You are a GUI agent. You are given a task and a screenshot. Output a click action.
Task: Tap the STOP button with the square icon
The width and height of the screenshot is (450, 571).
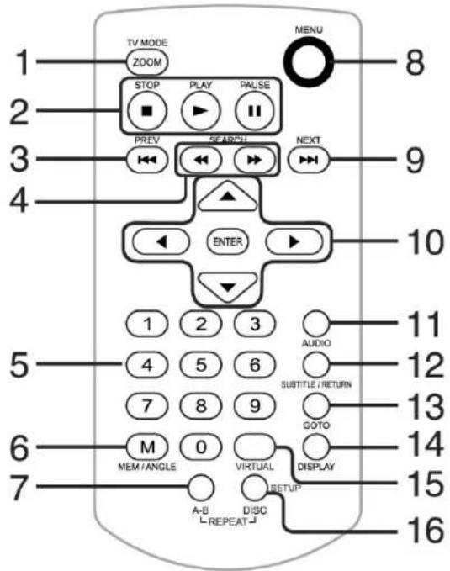[x=147, y=110]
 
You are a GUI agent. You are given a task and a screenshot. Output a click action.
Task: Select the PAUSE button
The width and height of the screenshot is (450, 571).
[x=255, y=110]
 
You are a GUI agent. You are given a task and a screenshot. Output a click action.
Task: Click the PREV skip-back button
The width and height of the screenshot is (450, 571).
[x=147, y=160]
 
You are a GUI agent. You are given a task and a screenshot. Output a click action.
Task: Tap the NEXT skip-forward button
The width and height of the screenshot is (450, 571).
[x=308, y=160]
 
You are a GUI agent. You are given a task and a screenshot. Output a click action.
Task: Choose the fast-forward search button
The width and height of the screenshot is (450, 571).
[x=254, y=160]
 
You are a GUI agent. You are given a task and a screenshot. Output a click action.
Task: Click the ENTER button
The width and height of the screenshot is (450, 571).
[x=227, y=241]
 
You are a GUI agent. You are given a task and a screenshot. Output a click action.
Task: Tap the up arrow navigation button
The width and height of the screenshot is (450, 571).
[x=228, y=197]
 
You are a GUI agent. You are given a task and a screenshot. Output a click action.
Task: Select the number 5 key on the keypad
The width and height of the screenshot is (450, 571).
[x=201, y=364]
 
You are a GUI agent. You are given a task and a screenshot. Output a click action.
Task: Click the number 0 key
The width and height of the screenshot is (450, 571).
[x=201, y=447]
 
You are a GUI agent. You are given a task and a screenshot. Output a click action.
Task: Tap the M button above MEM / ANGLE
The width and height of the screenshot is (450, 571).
[x=147, y=447]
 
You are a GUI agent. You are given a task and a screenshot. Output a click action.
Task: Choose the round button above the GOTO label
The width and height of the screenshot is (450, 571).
[x=315, y=406]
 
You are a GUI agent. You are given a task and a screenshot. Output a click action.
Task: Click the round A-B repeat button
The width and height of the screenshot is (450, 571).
[x=201, y=488]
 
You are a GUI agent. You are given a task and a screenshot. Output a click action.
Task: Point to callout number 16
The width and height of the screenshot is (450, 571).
[x=426, y=530]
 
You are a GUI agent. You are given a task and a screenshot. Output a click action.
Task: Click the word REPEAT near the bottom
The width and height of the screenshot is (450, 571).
[x=228, y=521]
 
